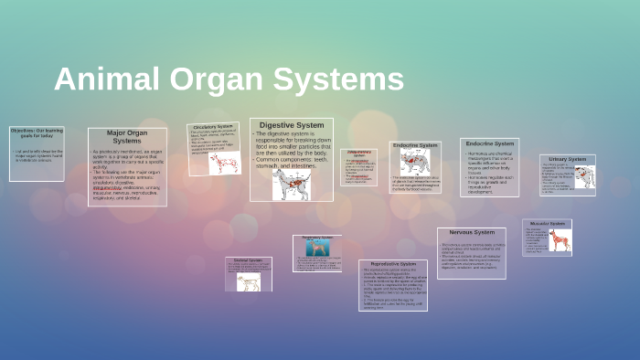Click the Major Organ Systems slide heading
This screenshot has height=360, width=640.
click(x=127, y=137)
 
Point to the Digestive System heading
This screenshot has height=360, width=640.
click(x=291, y=125)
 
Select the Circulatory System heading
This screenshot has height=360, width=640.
click(x=212, y=127)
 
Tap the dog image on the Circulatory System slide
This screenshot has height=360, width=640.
click(x=222, y=163)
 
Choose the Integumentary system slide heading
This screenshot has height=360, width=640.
click(x=359, y=154)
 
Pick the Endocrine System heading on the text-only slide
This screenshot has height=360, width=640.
click(x=490, y=143)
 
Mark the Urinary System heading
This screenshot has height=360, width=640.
click(x=568, y=159)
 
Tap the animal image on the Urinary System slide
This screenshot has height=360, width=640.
click(x=584, y=175)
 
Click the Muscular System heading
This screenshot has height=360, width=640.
click(x=547, y=223)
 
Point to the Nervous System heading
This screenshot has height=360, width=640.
click(x=471, y=232)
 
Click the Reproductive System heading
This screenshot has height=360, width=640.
click(x=392, y=264)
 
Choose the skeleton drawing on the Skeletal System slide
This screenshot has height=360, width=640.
click(x=249, y=281)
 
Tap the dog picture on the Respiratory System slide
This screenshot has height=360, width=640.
click(x=317, y=249)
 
